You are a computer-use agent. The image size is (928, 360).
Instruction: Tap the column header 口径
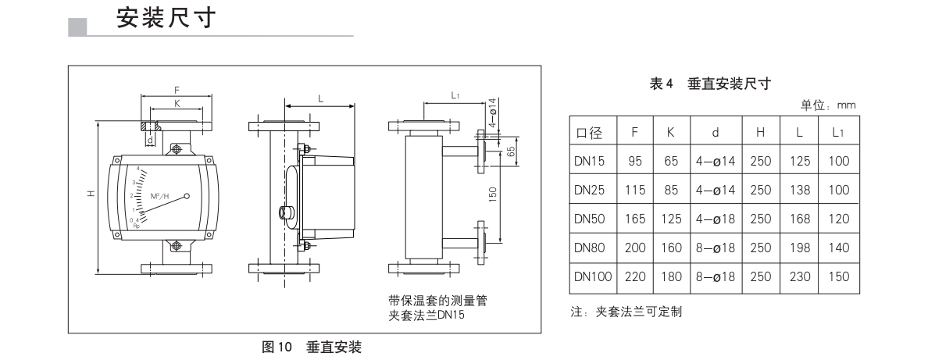(x=590, y=134)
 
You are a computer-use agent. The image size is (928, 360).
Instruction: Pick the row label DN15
(x=590, y=162)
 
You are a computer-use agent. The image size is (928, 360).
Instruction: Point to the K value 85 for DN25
(x=670, y=190)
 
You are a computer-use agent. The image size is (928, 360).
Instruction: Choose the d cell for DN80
(x=715, y=247)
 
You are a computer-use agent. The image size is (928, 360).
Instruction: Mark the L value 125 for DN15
(x=799, y=162)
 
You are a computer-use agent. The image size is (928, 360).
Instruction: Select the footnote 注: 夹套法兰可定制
(x=626, y=312)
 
